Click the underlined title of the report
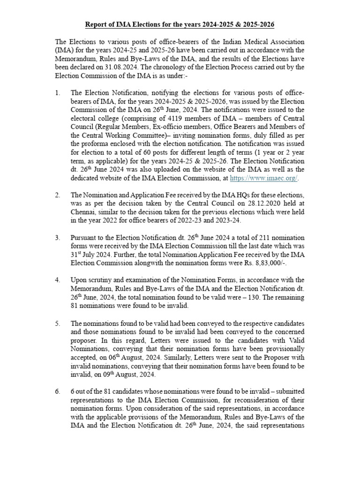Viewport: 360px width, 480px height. click(x=180, y=24)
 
